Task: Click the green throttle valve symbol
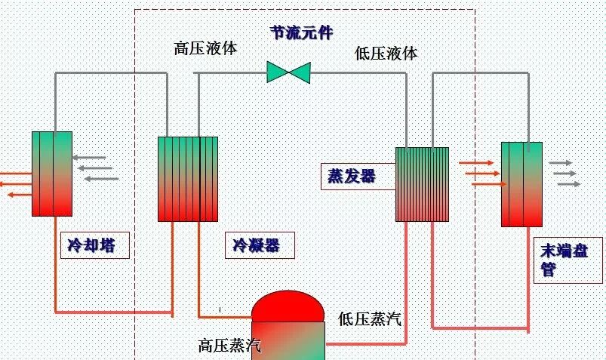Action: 289,72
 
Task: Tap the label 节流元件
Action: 302,32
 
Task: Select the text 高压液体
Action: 205,48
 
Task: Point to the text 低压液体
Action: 386,53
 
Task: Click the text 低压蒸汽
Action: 370,318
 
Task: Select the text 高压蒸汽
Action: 229,346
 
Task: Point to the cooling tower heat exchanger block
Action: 52,174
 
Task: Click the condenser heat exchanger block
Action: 188,179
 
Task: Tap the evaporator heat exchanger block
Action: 422,184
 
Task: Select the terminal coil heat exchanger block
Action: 522,184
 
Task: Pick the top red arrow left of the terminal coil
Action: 475,162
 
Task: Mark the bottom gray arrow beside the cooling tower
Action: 101,179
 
